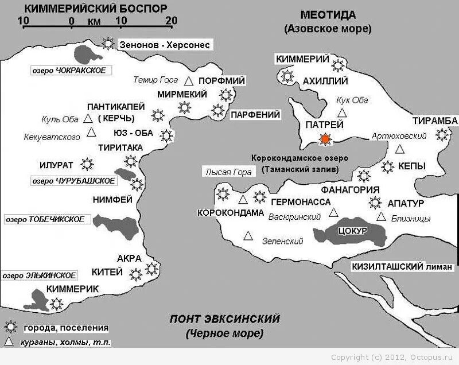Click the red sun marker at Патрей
point(325,138)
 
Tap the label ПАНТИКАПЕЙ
point(115,107)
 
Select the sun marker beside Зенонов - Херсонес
point(106,42)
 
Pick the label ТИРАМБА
point(435,121)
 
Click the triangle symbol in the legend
point(9,341)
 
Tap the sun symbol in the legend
point(10,328)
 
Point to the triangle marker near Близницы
point(381,216)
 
